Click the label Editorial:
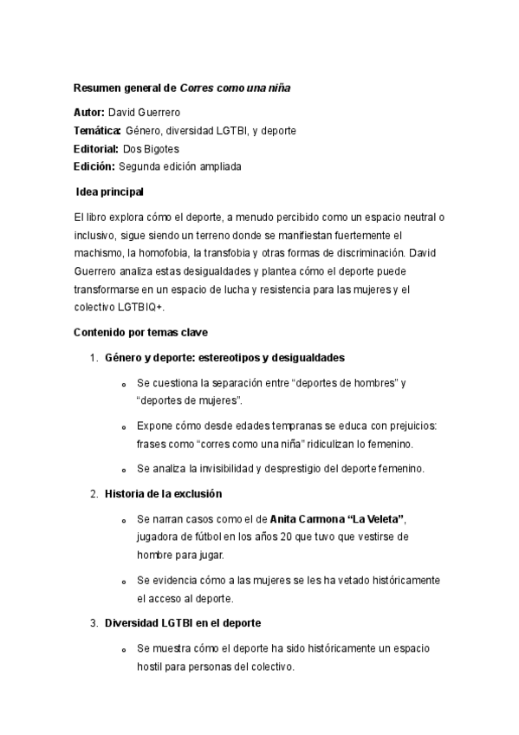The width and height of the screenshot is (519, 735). pos(96,149)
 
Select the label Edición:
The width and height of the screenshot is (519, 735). pos(94,166)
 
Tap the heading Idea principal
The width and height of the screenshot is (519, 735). pos(110,192)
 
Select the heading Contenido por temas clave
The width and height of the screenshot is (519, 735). pos(141,332)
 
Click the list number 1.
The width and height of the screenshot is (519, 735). pos(93,357)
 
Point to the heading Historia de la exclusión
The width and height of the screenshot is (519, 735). pos(164,493)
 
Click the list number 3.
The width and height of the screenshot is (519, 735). pos(93,622)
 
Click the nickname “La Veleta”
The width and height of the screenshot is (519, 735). pos(375,518)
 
